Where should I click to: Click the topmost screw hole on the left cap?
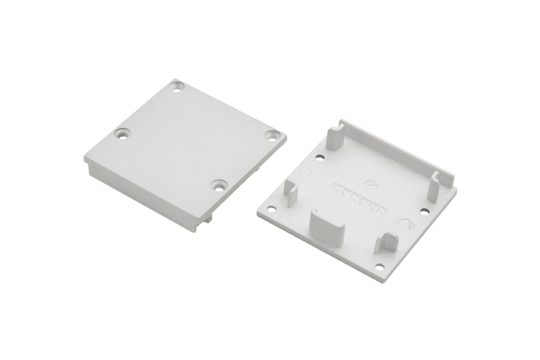click(178, 86)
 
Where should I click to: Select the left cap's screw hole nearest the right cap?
click(272, 134)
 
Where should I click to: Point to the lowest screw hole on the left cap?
click(219, 184)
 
